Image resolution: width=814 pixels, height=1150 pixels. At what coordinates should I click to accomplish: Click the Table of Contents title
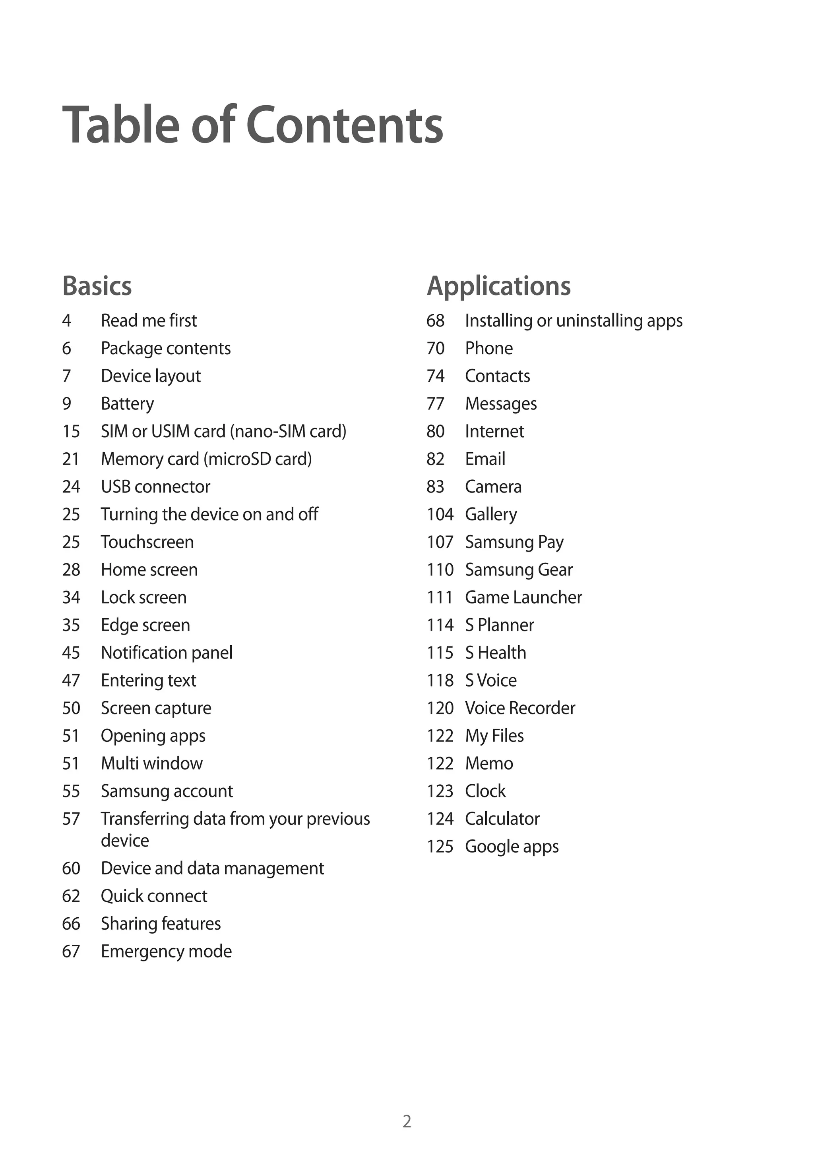pos(253,125)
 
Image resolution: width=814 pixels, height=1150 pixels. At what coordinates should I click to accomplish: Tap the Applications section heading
pos(498,286)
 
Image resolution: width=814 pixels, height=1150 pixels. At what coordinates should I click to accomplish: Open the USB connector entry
pos(155,487)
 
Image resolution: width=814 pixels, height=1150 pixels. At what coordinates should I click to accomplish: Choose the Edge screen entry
pos(145,625)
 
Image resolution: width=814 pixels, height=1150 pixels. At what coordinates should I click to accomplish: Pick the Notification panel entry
pos(167,653)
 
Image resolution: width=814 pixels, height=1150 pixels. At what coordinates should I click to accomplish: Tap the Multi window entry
pos(151,763)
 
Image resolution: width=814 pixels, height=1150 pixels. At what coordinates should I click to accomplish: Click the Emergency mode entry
pos(166,951)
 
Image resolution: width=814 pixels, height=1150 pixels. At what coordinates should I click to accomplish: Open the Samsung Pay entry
pos(514,542)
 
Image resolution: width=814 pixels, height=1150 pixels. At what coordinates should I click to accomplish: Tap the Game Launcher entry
pos(523,598)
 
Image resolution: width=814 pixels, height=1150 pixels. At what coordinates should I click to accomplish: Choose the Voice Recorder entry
pos(520,708)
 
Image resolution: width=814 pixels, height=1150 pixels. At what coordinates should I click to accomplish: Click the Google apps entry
pos(512,847)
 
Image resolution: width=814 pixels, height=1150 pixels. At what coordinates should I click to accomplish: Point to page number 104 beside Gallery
pos(440,514)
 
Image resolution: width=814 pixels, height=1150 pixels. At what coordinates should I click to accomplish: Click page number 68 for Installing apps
pos(435,320)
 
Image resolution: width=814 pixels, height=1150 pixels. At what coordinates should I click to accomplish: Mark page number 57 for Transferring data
pos(71,819)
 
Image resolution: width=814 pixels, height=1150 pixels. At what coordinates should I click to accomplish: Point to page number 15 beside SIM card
pos(71,431)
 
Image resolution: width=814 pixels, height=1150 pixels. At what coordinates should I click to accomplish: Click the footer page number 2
pos(407,1121)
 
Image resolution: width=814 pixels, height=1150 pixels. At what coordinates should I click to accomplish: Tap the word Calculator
pos(502,819)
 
